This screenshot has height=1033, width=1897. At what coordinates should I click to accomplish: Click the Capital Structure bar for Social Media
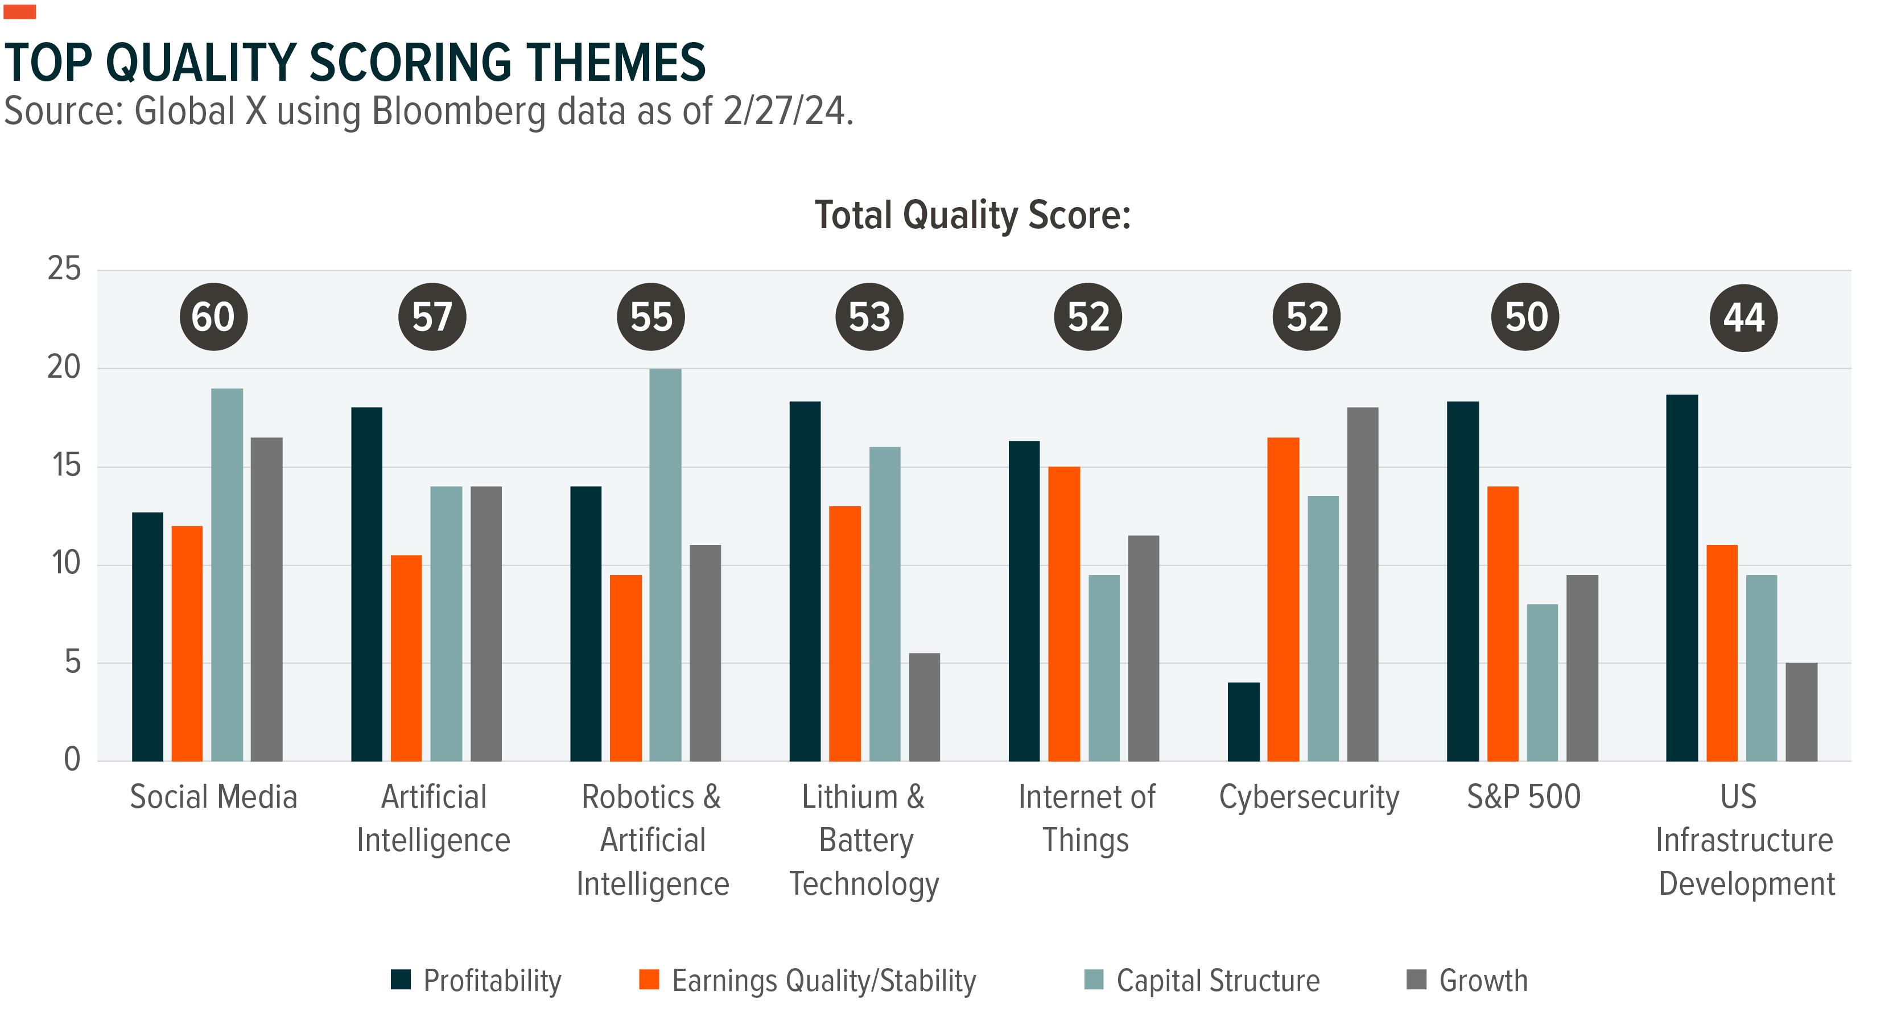click(227, 575)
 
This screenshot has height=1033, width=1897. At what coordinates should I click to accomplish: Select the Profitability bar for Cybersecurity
click(1243, 721)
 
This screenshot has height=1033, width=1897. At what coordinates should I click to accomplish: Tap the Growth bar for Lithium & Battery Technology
click(924, 707)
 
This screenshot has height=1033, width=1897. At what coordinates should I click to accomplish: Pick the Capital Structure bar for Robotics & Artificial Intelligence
click(665, 565)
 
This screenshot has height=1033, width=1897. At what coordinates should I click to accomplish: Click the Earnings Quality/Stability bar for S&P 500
click(1502, 623)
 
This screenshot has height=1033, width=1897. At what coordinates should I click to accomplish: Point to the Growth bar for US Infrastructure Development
click(1801, 712)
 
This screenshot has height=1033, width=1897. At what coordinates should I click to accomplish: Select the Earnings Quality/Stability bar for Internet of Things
click(1063, 613)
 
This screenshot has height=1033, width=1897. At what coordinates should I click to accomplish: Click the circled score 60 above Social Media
click(213, 317)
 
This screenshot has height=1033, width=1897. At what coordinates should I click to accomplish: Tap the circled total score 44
click(1743, 317)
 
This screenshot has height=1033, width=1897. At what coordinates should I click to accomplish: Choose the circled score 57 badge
click(432, 317)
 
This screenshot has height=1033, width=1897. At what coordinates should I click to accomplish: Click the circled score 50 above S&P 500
click(1525, 317)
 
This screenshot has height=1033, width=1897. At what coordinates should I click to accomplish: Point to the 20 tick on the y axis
click(64, 367)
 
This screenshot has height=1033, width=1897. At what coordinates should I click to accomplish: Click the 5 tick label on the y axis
click(72, 663)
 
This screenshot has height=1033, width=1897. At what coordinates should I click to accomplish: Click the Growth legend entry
click(1467, 981)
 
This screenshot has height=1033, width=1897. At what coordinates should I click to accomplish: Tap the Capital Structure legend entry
click(1203, 981)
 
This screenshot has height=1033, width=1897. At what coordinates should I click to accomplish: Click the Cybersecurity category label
click(1309, 798)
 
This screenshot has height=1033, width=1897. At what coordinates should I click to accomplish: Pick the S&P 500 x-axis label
click(1524, 798)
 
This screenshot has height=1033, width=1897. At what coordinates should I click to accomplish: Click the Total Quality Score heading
click(972, 215)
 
